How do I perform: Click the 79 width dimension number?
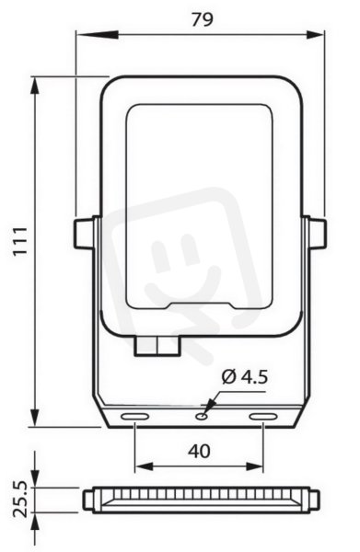[x=203, y=19]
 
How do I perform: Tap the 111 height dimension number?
[x=20, y=241]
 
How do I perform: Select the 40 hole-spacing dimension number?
[x=199, y=451]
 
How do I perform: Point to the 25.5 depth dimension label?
[x=20, y=500]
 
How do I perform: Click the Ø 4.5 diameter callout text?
[x=245, y=376]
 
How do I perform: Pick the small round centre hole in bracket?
[x=202, y=417]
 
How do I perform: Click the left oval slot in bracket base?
[x=135, y=417]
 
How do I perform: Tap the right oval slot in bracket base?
[x=262, y=417]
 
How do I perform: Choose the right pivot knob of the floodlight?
[x=316, y=234]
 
